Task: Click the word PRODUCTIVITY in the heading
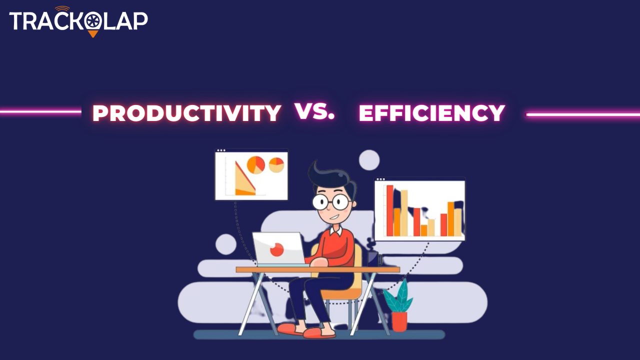coord(187,113)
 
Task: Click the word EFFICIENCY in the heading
coord(431,113)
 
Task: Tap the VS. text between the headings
coord(314,111)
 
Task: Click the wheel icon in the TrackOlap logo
coord(93,21)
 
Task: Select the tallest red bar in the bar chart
coord(390,210)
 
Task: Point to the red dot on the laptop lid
coord(276,249)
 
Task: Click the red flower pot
coord(399,321)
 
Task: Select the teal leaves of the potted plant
coord(398,296)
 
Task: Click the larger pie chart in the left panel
coord(255,165)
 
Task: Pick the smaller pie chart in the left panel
coord(276,165)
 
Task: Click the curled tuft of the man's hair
coord(313,169)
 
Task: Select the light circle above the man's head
coord(369,160)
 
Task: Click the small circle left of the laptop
coord(225,244)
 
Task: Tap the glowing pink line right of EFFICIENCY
coord(583,114)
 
